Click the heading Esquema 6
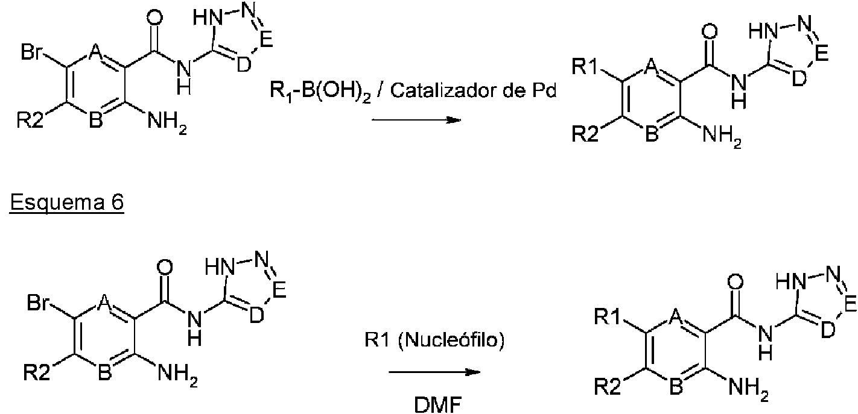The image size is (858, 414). [66, 202]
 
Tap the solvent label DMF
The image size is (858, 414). [438, 405]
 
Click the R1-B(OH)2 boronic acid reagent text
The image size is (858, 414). [320, 92]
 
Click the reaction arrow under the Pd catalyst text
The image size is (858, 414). [416, 121]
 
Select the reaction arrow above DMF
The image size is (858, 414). [434, 372]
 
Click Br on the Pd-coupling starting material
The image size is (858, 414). [31, 52]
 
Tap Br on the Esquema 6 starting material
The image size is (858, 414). [37, 303]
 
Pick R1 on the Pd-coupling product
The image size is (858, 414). [585, 67]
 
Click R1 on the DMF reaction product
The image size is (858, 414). [607, 317]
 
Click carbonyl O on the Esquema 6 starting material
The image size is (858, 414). [165, 268]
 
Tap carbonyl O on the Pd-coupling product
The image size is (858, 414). [710, 32]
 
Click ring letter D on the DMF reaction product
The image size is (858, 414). [828, 330]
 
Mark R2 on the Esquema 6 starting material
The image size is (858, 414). [37, 372]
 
